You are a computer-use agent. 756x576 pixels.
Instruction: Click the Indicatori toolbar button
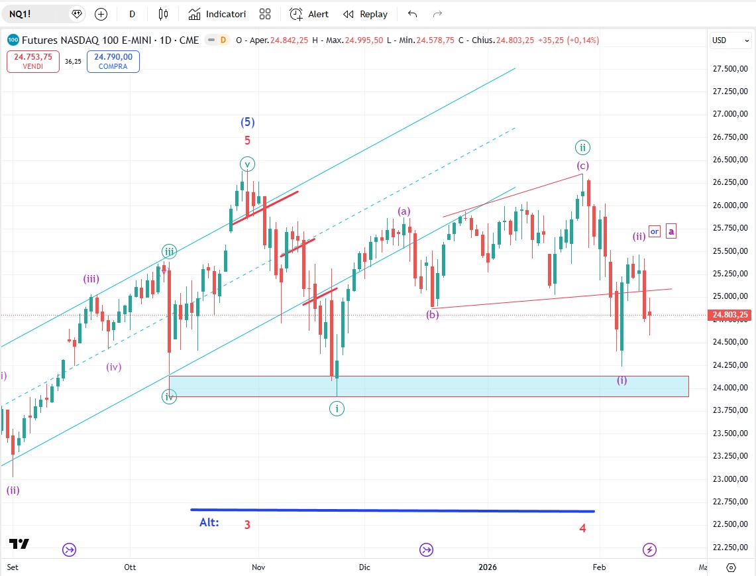click(x=217, y=14)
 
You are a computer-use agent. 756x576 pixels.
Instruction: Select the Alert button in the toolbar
click(x=309, y=14)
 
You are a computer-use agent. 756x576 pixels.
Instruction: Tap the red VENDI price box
click(x=33, y=62)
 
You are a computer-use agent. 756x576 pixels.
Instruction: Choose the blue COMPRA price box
click(x=113, y=62)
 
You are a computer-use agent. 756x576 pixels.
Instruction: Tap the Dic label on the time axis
click(x=364, y=567)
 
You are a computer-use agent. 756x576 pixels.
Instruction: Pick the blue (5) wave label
click(x=247, y=122)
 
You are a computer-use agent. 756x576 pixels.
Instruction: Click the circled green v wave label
click(x=247, y=164)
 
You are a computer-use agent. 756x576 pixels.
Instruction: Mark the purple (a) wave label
click(x=404, y=211)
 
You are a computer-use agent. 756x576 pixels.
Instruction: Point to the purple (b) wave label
click(x=433, y=315)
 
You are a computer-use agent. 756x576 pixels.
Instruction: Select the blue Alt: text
click(x=209, y=522)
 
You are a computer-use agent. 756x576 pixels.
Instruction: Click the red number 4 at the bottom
click(x=582, y=528)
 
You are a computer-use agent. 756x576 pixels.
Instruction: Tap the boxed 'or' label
click(x=655, y=231)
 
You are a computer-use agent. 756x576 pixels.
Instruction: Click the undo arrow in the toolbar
click(x=413, y=14)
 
